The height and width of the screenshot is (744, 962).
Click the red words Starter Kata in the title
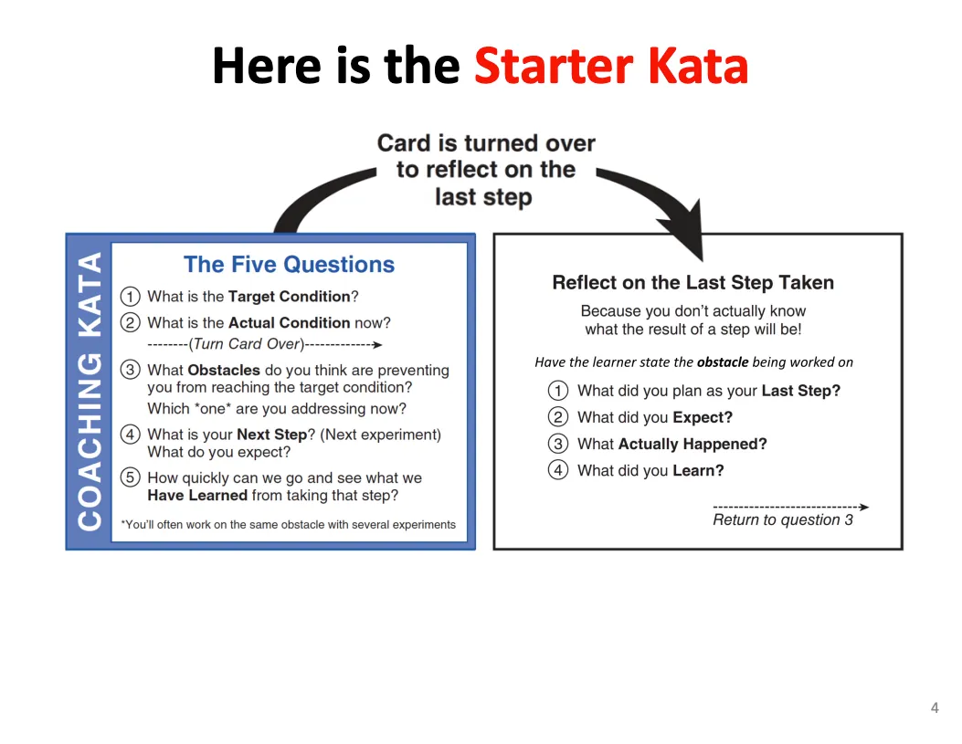click(611, 66)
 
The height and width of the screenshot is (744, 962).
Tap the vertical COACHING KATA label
click(90, 391)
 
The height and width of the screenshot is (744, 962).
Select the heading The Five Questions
click(289, 264)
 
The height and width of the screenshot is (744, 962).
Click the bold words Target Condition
click(289, 296)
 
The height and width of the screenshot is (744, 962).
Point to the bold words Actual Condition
click(289, 322)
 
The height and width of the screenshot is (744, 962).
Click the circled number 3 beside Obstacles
click(130, 370)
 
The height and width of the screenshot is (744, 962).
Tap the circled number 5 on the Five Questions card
click(130, 477)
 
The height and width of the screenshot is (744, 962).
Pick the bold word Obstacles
click(224, 370)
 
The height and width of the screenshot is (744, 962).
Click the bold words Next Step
click(271, 435)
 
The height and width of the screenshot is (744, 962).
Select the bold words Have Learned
click(197, 495)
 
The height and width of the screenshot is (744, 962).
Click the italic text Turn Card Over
click(247, 344)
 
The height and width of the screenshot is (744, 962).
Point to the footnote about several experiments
click(289, 525)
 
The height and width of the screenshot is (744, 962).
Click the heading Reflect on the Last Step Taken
click(693, 282)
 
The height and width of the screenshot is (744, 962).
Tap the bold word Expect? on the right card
click(703, 417)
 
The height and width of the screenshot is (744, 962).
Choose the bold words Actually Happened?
click(692, 444)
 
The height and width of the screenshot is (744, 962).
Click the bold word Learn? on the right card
click(698, 470)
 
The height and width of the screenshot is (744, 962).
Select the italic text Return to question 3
click(783, 519)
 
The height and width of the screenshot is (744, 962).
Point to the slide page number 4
click(935, 707)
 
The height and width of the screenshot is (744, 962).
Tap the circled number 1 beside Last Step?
click(557, 391)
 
